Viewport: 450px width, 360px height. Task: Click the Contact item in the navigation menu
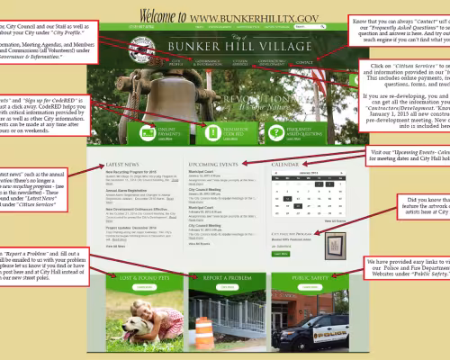[305, 64]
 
